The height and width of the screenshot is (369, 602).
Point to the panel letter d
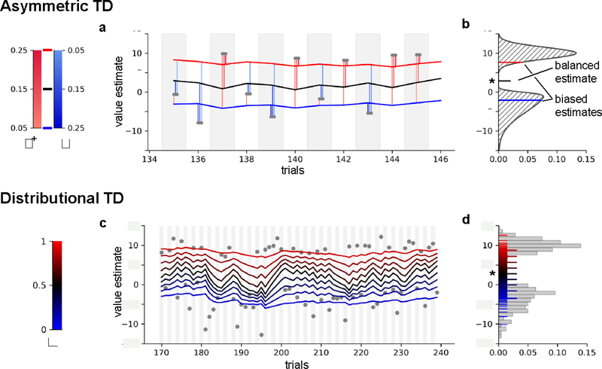[x=465, y=220]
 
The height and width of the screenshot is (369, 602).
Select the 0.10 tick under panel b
[x=556, y=160]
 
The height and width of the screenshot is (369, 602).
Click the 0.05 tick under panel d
[x=527, y=352]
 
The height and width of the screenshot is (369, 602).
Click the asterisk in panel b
[x=490, y=81]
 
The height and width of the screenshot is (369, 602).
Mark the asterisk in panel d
[x=491, y=273]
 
